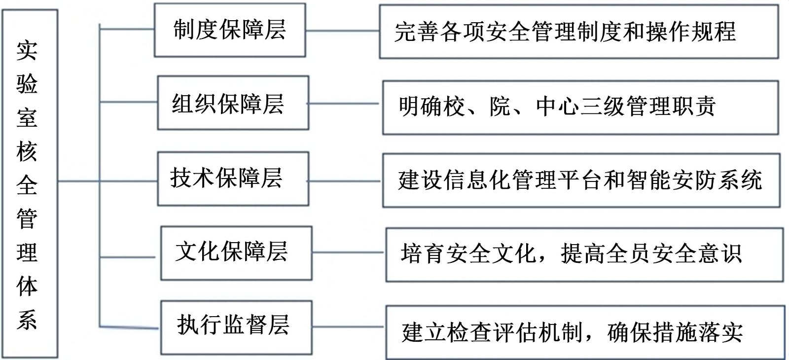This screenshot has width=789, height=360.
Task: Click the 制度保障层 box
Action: coord(230,30)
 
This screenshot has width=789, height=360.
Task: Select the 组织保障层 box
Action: coord(233,103)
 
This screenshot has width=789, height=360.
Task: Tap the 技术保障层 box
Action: coord(233,179)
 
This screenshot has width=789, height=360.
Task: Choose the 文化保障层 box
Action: coord(236,253)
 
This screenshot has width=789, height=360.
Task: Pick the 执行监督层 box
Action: coord(236,327)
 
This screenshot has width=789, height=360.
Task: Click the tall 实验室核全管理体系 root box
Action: coord(30,183)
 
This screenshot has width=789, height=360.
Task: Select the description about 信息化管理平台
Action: coord(581,180)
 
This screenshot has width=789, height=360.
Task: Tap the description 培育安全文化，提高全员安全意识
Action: coord(584,254)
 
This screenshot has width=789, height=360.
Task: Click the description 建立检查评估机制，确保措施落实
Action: coord(585,332)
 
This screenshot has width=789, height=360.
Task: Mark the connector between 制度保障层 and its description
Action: coord(342,31)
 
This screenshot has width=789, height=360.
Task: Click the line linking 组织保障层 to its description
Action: coord(345,104)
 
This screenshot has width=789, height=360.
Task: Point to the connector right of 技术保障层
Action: coord(345,181)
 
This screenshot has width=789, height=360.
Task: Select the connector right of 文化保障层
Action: coord(348,253)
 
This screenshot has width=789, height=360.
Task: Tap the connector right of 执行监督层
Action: coord(348,326)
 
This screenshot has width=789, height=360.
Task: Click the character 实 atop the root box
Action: coord(27,50)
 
